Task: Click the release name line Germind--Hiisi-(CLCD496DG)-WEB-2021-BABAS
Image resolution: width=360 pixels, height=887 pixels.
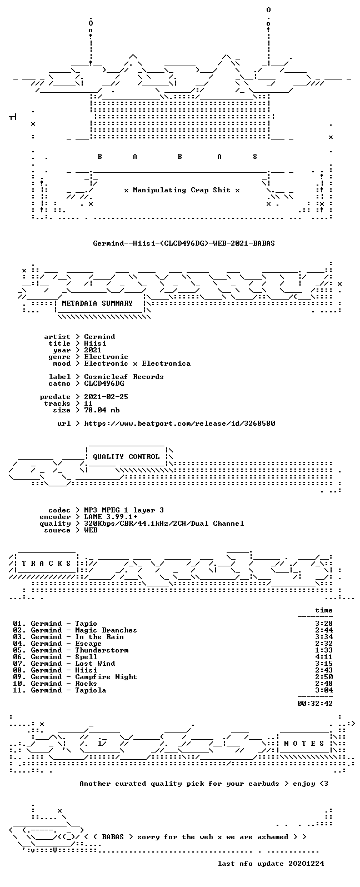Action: point(184,243)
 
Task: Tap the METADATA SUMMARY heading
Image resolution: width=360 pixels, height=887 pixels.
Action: point(97,303)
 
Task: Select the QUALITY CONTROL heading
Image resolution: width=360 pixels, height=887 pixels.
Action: point(126,457)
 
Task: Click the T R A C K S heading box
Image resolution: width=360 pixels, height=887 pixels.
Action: point(47,563)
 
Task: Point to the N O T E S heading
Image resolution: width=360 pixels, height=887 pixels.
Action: point(304,743)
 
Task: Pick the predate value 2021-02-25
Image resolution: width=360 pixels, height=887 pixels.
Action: point(106,397)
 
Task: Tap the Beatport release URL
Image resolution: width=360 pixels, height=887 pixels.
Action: point(179,423)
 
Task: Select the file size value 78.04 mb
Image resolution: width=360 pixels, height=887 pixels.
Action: point(102,410)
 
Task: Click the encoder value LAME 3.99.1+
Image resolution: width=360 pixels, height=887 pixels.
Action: point(111,517)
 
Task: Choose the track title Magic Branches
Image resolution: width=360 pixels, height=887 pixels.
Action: point(106,630)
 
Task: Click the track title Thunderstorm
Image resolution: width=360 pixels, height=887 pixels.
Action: point(102,650)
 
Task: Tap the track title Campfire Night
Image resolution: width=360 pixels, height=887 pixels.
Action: point(106,677)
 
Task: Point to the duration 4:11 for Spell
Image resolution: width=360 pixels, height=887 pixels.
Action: point(324,657)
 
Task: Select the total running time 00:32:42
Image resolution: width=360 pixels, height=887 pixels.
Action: point(315,703)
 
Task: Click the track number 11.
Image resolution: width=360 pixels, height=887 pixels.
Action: point(17,690)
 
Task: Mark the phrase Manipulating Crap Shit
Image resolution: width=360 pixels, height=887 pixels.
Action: point(181,190)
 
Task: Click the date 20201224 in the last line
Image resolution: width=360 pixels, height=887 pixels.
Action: point(306,863)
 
